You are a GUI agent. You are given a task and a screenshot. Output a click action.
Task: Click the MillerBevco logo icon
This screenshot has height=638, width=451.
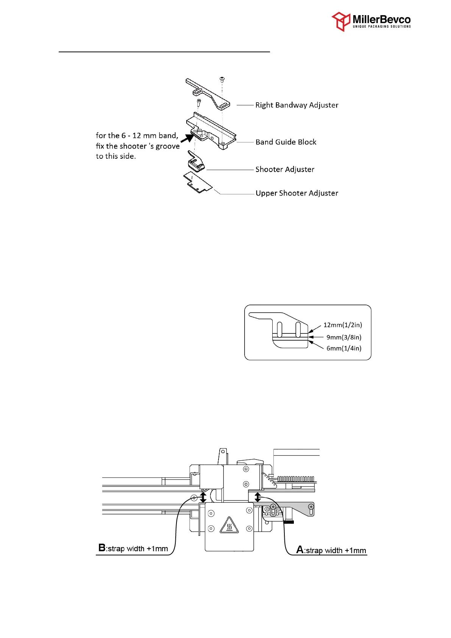tap(341, 21)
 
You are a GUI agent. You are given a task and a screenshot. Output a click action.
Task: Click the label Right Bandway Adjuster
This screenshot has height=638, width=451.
tap(297, 105)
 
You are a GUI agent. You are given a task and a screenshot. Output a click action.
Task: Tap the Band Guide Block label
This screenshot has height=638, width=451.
tap(286, 142)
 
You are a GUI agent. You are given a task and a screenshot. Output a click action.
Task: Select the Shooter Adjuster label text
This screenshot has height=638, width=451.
tap(285, 169)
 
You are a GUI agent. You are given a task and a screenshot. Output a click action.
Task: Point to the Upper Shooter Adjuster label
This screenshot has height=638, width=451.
tap(297, 193)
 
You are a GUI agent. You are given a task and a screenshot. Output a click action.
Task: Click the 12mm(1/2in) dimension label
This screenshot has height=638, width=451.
tap(342, 325)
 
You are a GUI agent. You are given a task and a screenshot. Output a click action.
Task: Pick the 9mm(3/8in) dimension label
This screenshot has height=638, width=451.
tap(344, 337)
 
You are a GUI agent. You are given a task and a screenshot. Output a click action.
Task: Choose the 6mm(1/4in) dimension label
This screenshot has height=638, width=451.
tap(344, 348)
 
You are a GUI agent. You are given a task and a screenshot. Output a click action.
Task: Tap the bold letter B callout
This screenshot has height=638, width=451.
tap(102, 548)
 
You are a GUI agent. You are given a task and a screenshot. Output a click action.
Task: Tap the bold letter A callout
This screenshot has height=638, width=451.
tap(300, 550)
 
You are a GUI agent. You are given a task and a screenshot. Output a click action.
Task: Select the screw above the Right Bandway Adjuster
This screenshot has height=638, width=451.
tap(222, 79)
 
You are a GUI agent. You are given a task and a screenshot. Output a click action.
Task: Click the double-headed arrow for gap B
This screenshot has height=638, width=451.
tap(203, 497)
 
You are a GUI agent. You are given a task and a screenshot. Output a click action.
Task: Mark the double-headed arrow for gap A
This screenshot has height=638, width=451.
tap(258, 497)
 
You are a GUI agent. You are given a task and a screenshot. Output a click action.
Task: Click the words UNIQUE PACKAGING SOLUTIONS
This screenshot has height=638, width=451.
tap(381, 27)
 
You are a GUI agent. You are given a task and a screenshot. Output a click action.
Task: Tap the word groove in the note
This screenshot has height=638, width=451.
tap(168, 146)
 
